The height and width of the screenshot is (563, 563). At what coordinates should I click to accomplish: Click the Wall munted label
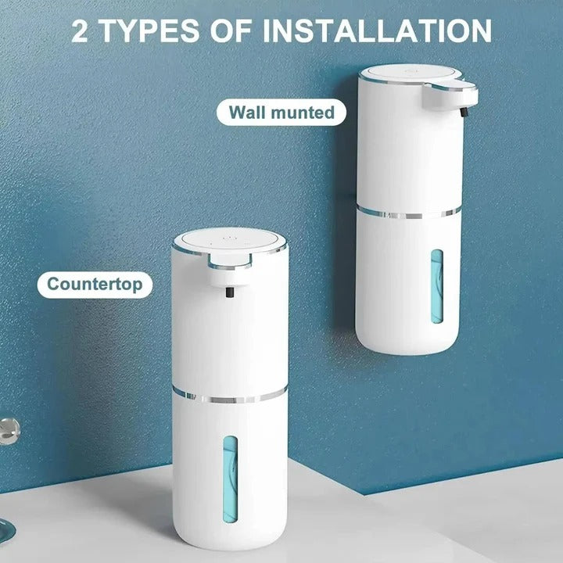point(281,112)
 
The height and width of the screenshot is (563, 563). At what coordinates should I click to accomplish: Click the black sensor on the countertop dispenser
point(228,294)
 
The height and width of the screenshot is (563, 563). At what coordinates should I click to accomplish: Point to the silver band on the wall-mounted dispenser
point(409,211)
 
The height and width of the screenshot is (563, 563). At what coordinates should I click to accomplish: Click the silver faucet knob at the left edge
point(9,427)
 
